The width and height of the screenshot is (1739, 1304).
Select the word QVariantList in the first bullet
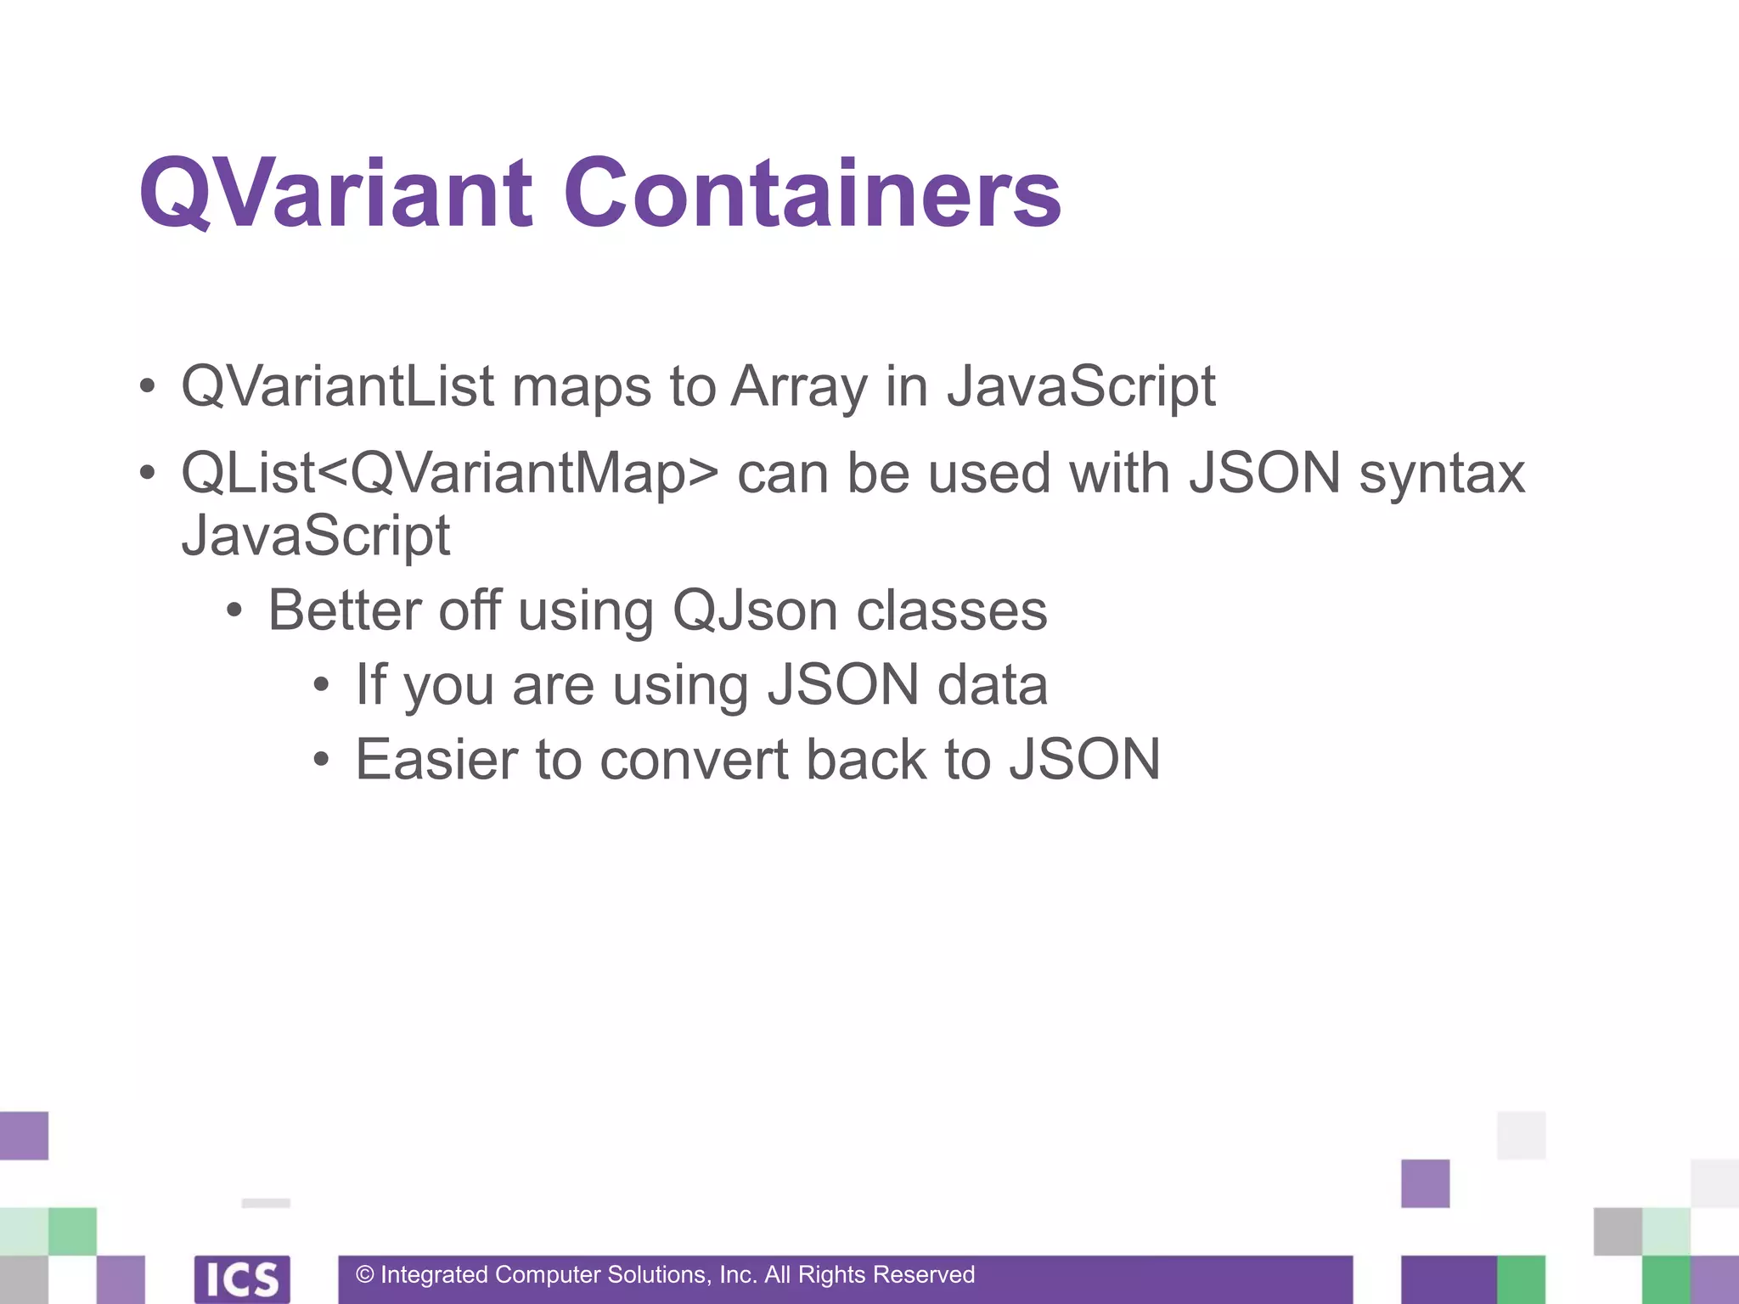click(337, 386)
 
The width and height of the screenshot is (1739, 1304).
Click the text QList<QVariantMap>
click(450, 474)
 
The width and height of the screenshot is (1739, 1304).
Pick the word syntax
click(1442, 474)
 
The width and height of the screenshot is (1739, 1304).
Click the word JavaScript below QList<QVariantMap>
click(316, 536)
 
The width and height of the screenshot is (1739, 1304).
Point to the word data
click(992, 685)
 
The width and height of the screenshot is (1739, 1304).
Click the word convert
click(694, 759)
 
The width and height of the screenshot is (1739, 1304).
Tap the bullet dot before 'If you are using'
click(320, 685)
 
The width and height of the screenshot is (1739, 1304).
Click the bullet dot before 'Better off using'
click(234, 610)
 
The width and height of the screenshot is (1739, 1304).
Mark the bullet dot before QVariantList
click(148, 387)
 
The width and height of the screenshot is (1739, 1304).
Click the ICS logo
click(242, 1279)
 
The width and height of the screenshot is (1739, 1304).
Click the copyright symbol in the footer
click(365, 1274)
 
